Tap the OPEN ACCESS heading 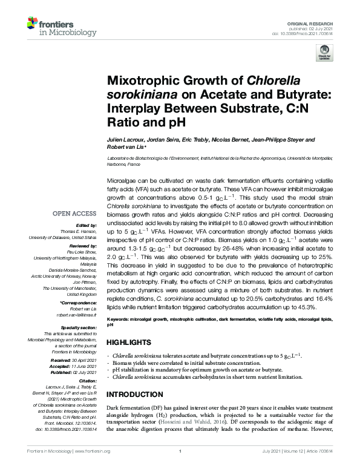tap(76, 214)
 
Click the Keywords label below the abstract tap(121, 318)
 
